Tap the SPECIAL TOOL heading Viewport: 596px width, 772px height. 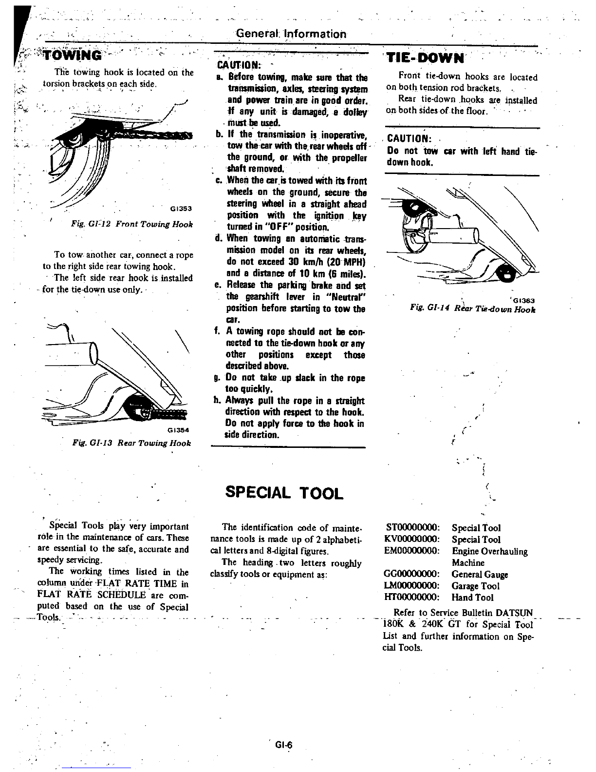click(284, 493)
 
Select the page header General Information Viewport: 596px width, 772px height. click(291, 34)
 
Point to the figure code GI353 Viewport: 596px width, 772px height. click(182, 209)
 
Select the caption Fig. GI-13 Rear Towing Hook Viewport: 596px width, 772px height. click(131, 443)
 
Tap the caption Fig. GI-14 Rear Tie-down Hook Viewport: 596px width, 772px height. click(472, 309)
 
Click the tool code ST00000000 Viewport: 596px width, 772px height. click(412, 528)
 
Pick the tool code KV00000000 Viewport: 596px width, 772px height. click(412, 540)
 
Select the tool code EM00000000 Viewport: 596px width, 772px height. click(412, 551)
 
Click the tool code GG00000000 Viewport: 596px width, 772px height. click(412, 575)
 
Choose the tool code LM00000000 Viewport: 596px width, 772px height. click(412, 586)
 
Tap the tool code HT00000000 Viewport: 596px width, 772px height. click(412, 597)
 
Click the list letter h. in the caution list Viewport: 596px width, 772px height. click(218, 401)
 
